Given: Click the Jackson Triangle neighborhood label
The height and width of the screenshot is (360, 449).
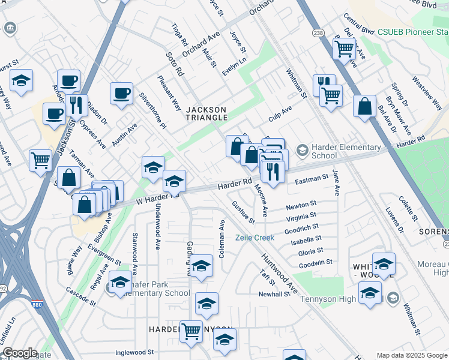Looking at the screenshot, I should click(206, 113).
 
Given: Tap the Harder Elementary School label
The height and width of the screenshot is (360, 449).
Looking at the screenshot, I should click(346, 152).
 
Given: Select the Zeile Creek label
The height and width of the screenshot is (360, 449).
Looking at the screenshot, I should click(255, 238).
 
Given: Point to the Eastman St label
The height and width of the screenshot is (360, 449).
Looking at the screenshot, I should click(312, 178).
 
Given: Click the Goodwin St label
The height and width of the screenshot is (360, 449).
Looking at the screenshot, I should click(315, 262).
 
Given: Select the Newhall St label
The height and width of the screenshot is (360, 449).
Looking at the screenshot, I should click(274, 295).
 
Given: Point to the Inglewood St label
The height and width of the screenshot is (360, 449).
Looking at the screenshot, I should click(135, 352).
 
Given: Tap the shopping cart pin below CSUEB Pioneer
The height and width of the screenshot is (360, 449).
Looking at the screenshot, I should click(344, 49).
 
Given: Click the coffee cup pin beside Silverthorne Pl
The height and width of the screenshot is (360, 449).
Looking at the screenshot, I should click(122, 94).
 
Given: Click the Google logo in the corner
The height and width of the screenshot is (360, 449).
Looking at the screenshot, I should click(20, 353).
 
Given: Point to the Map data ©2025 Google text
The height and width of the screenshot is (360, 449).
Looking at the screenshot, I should click(411, 355).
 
